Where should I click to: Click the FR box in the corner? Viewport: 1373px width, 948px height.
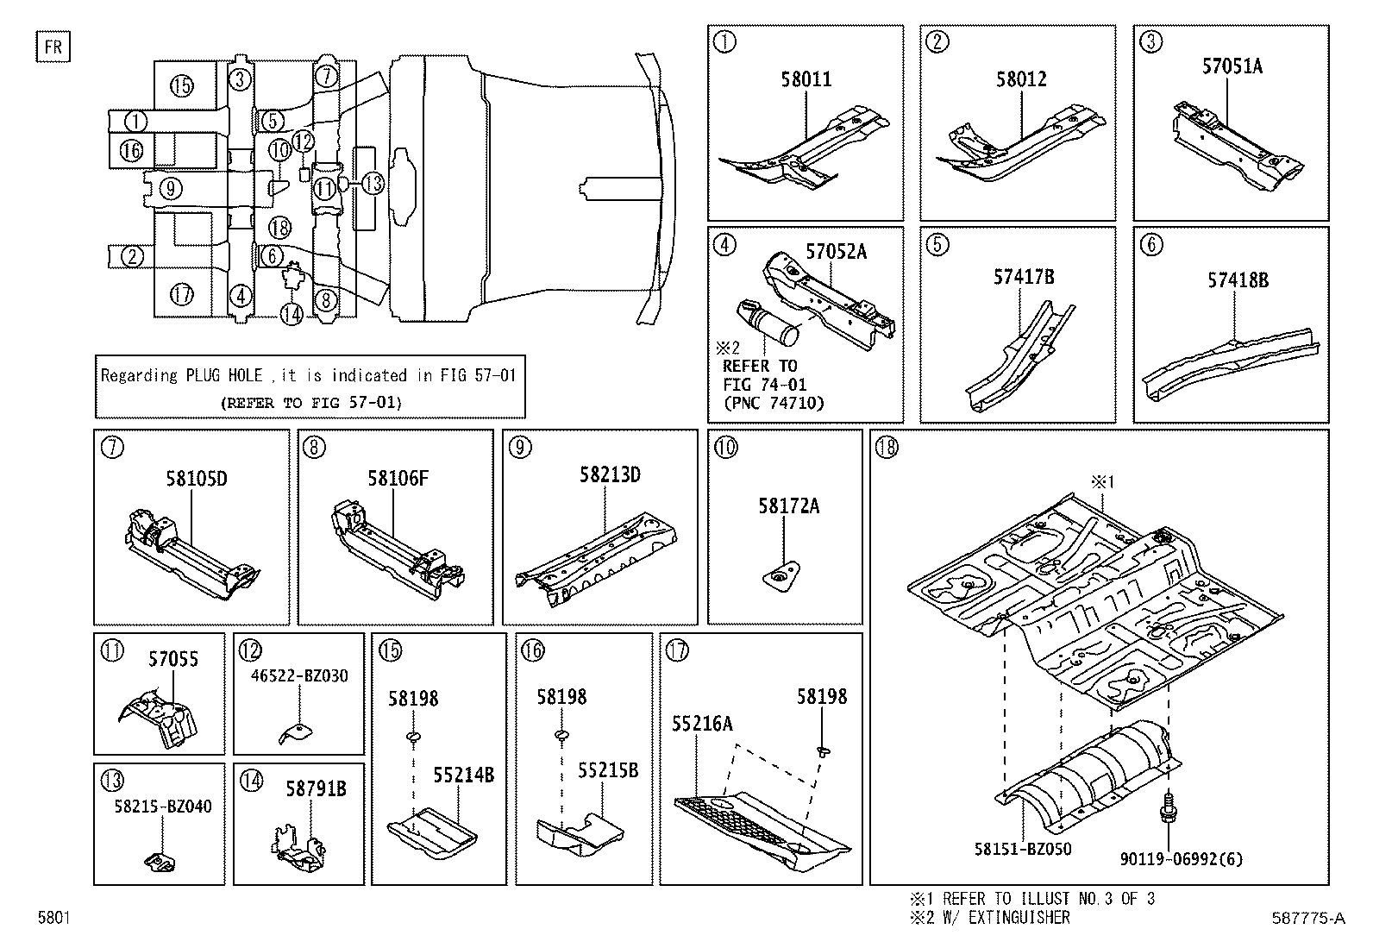[x=53, y=46]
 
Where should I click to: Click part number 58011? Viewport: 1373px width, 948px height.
[x=806, y=79]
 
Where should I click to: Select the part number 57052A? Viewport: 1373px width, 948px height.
[x=836, y=251]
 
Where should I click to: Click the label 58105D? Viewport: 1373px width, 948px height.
[x=196, y=479]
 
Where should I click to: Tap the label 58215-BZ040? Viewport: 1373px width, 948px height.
[x=162, y=807]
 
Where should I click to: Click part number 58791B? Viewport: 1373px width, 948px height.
[x=316, y=788]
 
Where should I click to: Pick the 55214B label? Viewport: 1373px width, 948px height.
[x=463, y=775]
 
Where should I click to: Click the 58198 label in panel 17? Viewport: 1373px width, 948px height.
[x=821, y=696]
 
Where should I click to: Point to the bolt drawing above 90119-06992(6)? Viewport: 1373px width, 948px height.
[x=1168, y=806]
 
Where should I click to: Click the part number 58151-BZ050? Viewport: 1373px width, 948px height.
[x=1022, y=849]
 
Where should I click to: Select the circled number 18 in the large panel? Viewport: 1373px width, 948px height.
[x=886, y=448]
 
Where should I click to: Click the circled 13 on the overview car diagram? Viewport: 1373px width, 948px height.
[x=372, y=183]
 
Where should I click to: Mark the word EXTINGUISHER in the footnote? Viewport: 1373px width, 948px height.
[x=1020, y=918]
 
